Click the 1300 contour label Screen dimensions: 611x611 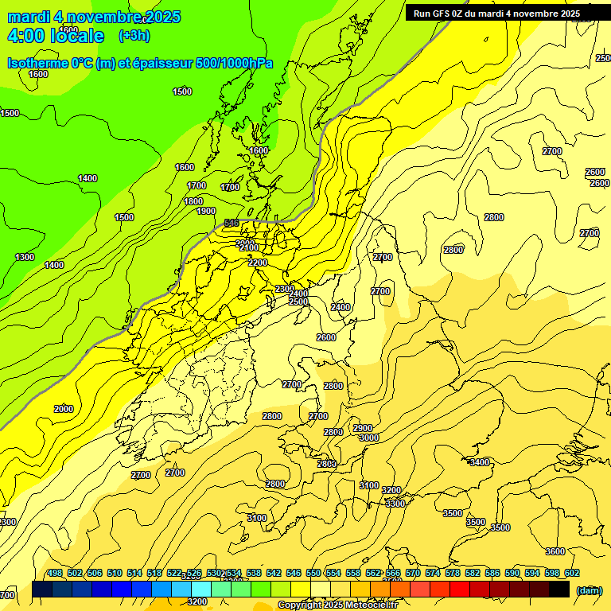click(25, 257)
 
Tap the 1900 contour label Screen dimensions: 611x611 click(206, 211)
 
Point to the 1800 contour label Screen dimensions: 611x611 click(193, 201)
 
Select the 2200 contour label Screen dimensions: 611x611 click(257, 263)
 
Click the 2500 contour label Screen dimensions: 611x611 click(298, 302)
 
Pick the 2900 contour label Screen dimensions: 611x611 click(363, 428)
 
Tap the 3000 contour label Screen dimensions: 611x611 click(368, 438)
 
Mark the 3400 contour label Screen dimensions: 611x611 click(480, 462)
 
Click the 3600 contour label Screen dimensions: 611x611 click(555, 551)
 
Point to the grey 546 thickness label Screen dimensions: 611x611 click(232, 223)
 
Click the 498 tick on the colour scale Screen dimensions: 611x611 click(55, 573)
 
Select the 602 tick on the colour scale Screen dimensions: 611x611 click(572, 573)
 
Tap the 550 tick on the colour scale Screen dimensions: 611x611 click(313, 573)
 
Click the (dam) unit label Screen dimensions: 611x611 click(589, 590)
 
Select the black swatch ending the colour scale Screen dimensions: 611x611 click(559, 590)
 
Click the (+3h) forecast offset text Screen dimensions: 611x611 click(134, 36)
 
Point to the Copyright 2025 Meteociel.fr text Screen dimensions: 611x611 click(338, 605)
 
